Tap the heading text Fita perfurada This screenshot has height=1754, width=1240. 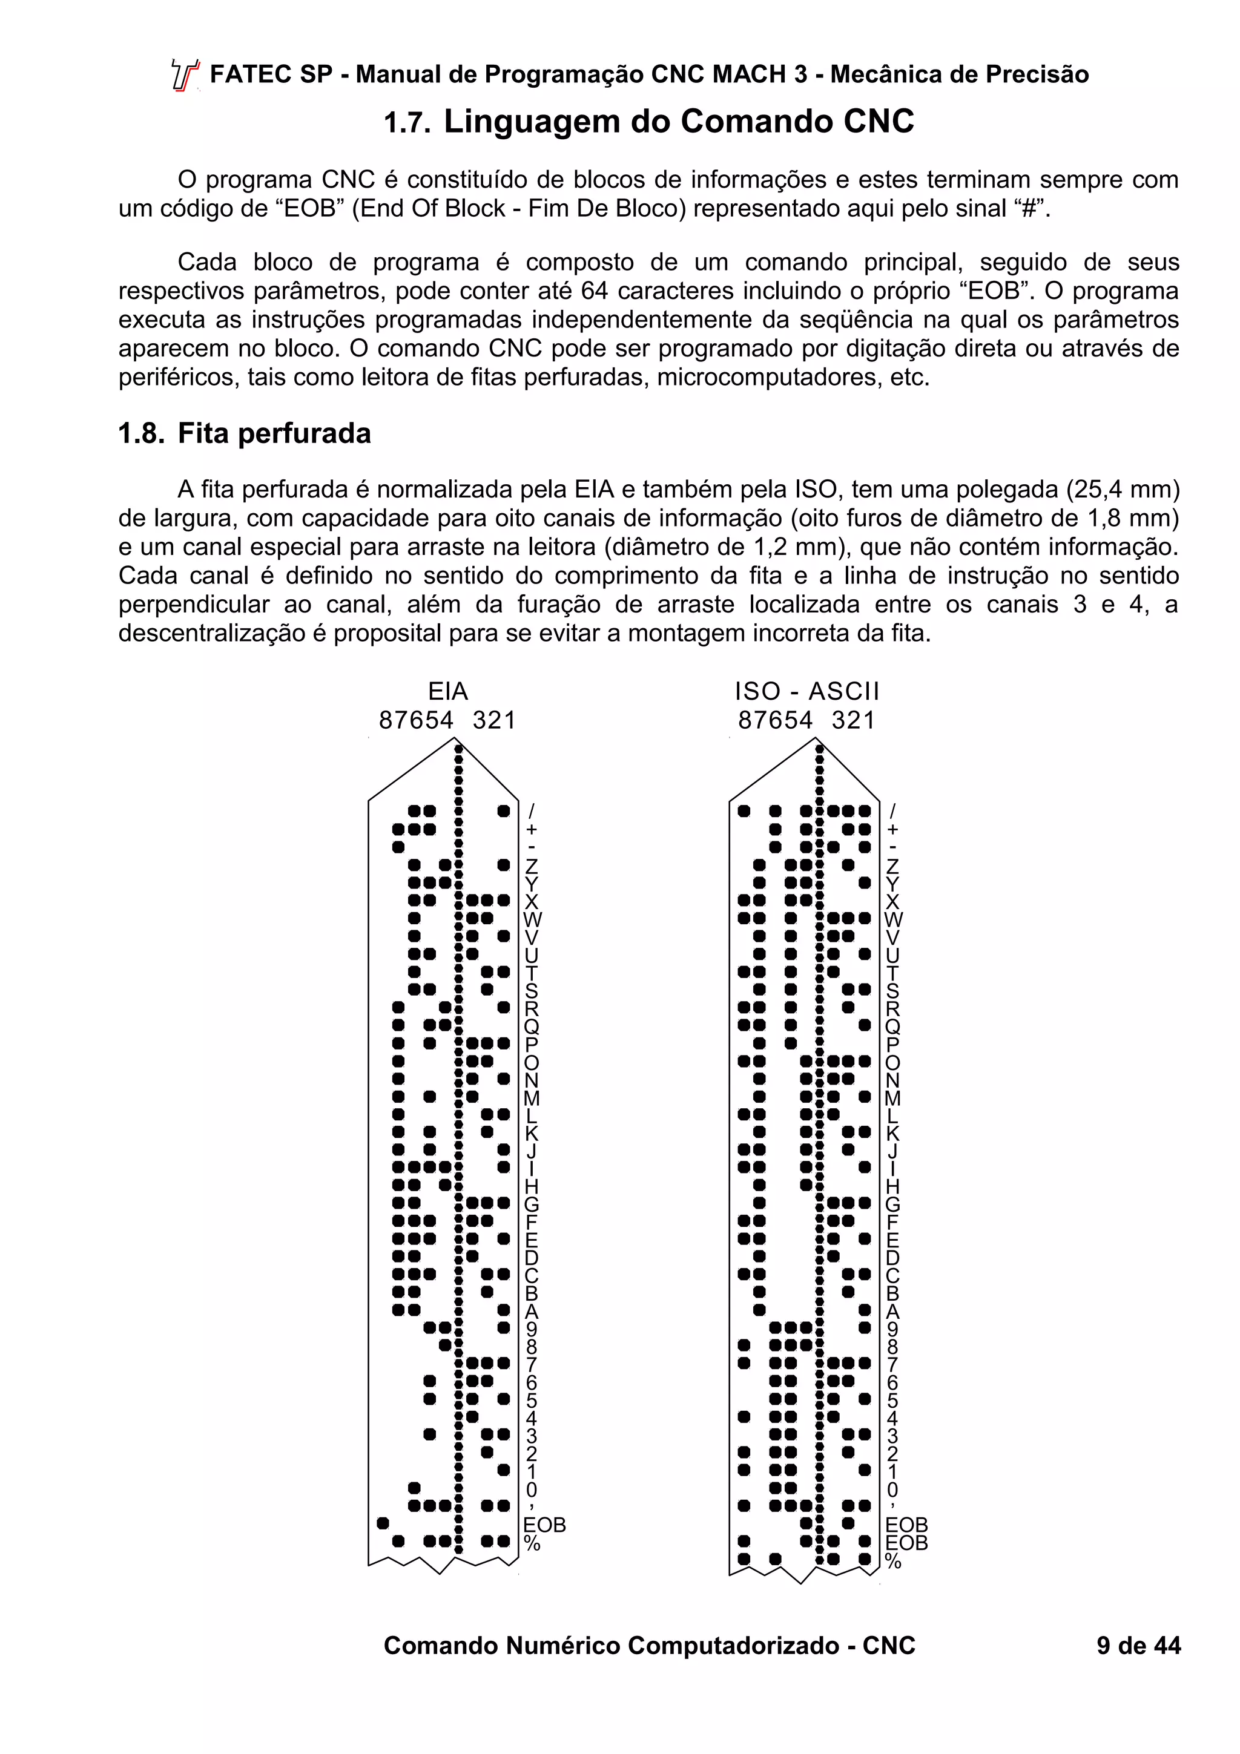click(x=274, y=433)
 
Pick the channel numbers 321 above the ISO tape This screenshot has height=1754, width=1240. click(x=852, y=720)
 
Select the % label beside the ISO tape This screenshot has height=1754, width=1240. click(x=892, y=1562)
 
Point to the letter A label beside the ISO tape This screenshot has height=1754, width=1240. click(x=892, y=1312)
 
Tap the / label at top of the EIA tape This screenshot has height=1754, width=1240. click(x=531, y=810)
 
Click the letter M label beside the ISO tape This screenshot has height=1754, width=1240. click(x=892, y=1098)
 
